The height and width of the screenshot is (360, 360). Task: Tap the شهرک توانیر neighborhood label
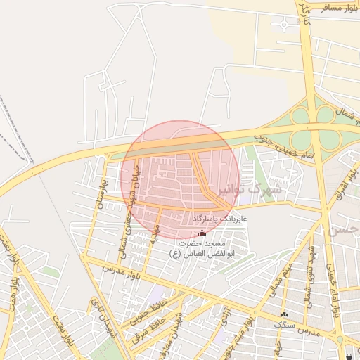pos(257,189)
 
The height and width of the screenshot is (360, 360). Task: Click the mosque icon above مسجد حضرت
pos(203,233)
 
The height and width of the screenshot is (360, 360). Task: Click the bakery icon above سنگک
pos(284,315)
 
